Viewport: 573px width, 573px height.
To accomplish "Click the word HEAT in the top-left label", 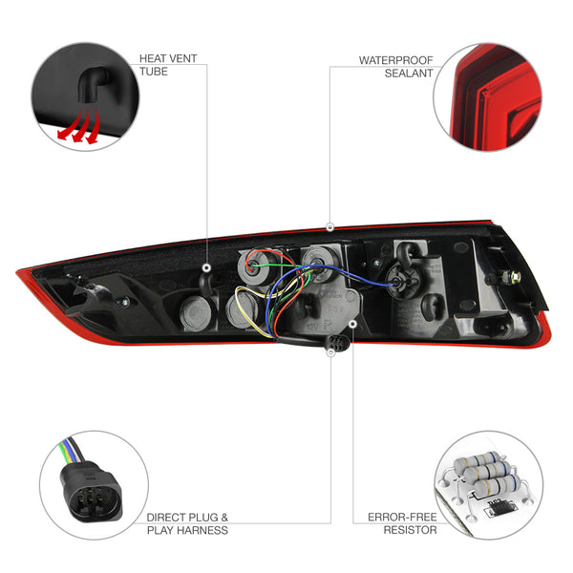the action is (x=153, y=58).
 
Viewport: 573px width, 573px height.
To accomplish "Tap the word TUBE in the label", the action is (x=154, y=72).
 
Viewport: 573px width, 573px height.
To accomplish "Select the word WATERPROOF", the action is (x=395, y=60).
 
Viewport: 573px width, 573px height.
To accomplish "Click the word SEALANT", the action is (x=409, y=74).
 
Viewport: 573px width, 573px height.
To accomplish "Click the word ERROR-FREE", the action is (x=402, y=517).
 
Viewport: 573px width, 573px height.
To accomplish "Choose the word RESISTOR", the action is (x=410, y=530).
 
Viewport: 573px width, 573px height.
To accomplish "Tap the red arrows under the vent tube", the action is (x=79, y=126).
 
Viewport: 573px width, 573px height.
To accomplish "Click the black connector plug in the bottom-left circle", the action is (x=91, y=491).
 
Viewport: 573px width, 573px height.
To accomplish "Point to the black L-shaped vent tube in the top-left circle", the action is (x=92, y=86).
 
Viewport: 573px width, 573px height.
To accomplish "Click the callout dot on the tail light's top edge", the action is (x=330, y=227).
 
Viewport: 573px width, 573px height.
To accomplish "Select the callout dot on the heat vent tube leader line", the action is (x=207, y=267).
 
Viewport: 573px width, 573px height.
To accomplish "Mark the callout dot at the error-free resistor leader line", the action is (x=352, y=324).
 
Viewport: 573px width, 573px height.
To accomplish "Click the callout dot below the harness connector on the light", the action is (x=330, y=352).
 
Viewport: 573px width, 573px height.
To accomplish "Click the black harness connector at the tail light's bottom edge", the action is (x=337, y=344).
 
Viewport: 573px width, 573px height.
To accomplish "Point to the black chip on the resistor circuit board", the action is (x=499, y=508).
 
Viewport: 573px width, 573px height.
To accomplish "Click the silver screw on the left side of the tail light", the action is (x=124, y=302).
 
